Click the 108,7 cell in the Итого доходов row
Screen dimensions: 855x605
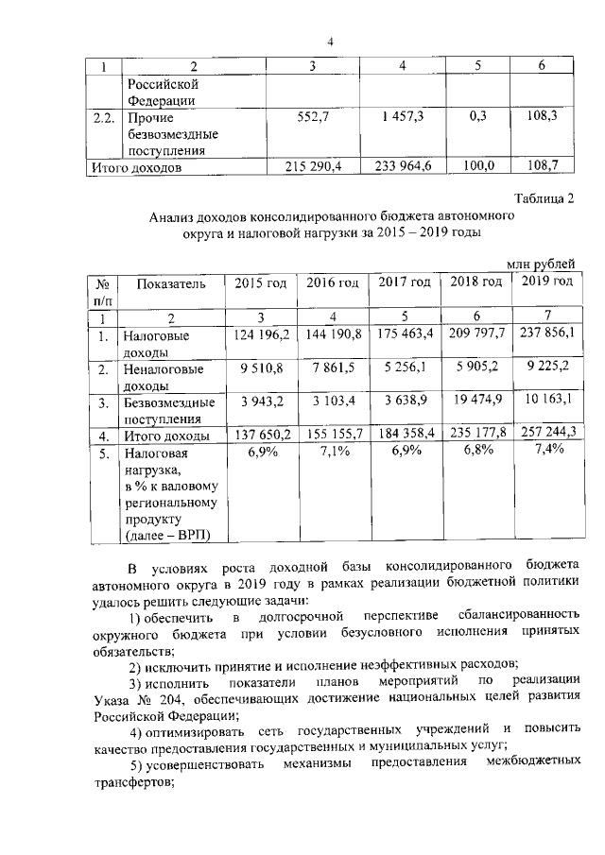(x=540, y=166)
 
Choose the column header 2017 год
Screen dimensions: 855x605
(x=405, y=282)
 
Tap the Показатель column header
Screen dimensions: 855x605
(x=170, y=282)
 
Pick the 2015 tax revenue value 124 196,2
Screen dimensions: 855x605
(x=258, y=335)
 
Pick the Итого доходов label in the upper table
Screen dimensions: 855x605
(x=135, y=167)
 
